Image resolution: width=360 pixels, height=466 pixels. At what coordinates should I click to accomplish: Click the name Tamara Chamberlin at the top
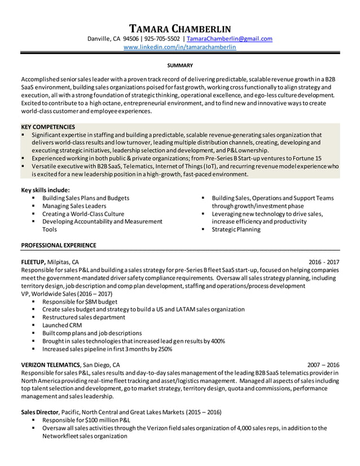pos(180,28)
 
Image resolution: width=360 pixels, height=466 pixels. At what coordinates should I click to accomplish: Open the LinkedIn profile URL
pos(180,47)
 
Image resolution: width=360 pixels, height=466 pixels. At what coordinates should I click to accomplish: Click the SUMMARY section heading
pos(180,65)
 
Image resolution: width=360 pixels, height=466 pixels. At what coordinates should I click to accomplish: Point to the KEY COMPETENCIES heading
pos(48,127)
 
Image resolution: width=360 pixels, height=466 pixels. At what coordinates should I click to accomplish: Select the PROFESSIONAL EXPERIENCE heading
pos(58,245)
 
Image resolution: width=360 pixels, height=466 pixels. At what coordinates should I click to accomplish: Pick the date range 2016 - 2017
pos(324,262)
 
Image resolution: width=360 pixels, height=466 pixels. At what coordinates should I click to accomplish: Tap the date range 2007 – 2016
pos(323,364)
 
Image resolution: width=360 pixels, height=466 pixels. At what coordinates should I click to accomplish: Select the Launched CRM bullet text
pos(62,326)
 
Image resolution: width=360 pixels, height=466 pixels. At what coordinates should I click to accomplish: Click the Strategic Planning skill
pos(236,230)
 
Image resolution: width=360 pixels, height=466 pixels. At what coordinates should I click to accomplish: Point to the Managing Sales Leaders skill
pos(74,206)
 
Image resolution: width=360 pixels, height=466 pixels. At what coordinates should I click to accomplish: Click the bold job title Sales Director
pos(39,412)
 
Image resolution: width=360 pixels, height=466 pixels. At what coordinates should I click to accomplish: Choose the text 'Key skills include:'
pos(45,190)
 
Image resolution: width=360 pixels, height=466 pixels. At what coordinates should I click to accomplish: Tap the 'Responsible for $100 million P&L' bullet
pos(86,420)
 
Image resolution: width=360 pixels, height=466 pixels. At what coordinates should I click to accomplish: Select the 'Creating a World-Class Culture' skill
pos(83,214)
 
